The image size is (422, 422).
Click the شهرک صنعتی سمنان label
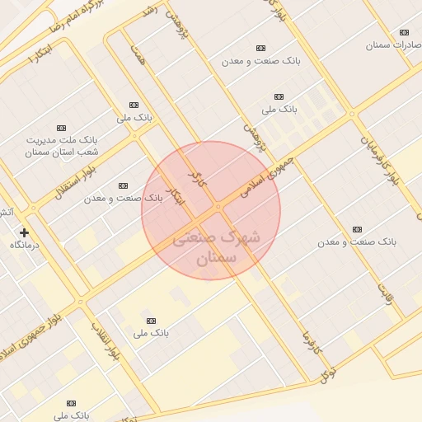216,248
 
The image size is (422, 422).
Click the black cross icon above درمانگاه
25,233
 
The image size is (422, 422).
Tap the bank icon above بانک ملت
60,128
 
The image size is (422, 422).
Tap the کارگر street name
195,176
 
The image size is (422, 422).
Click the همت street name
136,54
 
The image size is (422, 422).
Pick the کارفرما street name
307,338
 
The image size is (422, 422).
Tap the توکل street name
329,375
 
